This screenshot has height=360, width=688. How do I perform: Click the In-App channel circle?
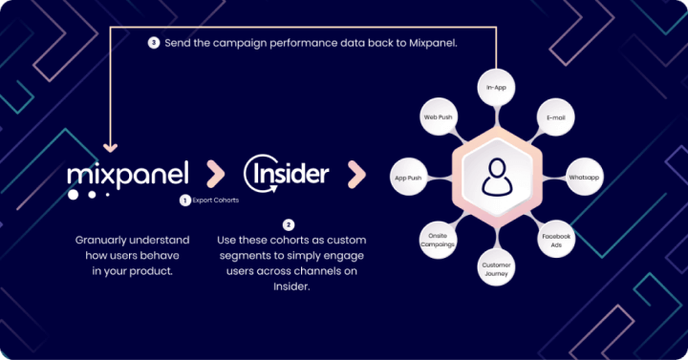coord(496,87)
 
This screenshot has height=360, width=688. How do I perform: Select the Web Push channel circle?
coord(438,117)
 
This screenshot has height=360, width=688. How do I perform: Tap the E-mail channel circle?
coord(555,117)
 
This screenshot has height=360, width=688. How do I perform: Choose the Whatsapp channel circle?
coord(582,178)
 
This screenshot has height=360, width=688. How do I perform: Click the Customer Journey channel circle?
coord(496,267)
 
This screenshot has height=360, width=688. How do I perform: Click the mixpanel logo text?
coord(128,174)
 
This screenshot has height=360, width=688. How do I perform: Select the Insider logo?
coord(286,174)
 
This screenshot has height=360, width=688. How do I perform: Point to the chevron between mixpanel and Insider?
coord(215,175)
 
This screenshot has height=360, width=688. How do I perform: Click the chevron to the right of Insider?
coord(355,175)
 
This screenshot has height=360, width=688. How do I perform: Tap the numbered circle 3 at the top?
coord(154,42)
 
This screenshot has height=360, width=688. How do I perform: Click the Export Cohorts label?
coord(216,201)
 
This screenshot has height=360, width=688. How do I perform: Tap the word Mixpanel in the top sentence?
coord(430,42)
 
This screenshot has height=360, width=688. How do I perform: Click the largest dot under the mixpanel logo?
coord(75,194)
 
